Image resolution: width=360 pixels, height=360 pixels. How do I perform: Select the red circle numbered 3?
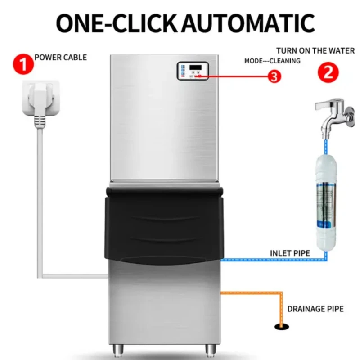(274, 77)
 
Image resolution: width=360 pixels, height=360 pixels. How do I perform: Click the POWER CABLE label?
(61, 58)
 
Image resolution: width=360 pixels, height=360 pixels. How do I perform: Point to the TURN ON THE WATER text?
(315, 51)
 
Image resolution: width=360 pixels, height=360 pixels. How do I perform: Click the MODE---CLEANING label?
(272, 61)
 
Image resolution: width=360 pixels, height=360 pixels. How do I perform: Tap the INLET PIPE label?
(290, 253)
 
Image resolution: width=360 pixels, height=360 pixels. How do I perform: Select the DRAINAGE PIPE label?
(315, 309)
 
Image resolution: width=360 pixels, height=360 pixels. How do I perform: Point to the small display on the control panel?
(197, 68)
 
